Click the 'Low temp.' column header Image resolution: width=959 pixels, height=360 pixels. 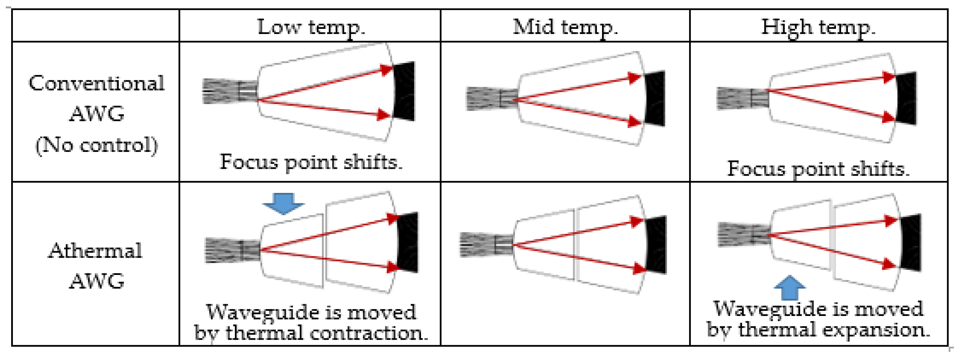311,27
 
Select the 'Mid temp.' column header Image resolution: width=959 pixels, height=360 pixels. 565,27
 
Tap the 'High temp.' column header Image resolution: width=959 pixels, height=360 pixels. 818,27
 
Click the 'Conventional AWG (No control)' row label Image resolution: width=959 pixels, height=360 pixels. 96,114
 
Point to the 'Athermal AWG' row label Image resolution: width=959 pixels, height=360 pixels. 96,265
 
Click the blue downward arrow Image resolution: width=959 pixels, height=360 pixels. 284,203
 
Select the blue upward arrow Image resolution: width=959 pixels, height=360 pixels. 790,288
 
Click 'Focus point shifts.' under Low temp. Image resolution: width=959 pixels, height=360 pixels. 311,162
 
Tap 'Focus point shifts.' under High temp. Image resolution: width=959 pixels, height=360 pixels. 818,169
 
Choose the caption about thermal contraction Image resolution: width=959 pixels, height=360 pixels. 311,322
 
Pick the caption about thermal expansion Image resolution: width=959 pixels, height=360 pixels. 818,319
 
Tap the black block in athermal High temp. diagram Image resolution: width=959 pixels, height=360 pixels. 911,243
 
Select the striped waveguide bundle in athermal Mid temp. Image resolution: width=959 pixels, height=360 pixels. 486,245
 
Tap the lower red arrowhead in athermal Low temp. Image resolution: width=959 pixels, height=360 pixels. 393,266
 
